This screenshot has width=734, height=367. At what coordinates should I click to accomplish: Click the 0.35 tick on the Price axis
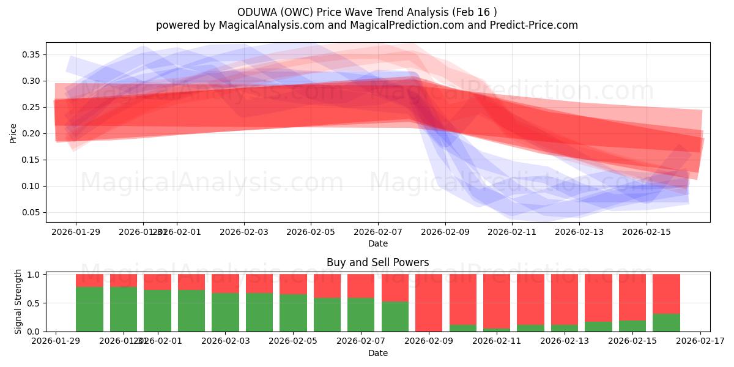32,54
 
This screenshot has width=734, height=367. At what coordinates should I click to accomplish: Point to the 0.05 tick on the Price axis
32,212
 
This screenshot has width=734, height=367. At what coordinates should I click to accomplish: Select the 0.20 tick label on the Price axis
32,133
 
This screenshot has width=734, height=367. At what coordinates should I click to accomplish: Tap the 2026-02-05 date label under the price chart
311,232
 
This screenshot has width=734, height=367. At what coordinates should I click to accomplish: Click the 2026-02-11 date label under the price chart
512,232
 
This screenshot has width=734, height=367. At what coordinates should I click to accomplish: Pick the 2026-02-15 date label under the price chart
647,232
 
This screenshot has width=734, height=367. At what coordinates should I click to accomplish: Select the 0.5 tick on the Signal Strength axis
34,303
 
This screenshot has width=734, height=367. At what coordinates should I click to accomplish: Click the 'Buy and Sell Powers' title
377,262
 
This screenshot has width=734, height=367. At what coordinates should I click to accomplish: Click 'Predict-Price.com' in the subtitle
536,25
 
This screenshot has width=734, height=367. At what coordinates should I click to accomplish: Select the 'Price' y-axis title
13,133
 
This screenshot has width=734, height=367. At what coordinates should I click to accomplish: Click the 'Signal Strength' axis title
18,302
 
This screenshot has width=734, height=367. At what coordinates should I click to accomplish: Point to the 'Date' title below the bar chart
377,353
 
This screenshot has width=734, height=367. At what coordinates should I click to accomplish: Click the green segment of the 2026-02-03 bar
225,313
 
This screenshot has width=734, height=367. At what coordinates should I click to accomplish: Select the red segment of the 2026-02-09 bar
429,302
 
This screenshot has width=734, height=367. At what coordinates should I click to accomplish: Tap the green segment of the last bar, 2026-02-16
666,323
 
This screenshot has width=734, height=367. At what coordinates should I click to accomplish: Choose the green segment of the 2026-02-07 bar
361,315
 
